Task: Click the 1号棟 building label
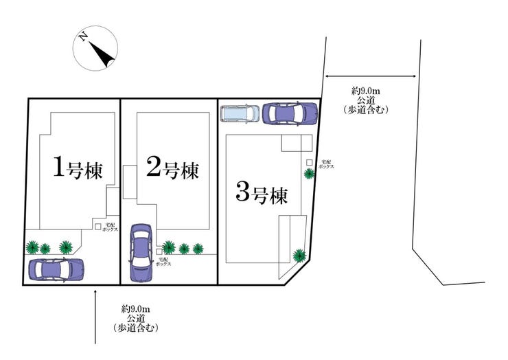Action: pos(78,167)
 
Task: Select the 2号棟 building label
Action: pos(173,167)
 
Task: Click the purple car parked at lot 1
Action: pos(55,269)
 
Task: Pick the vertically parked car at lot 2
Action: pos(141,252)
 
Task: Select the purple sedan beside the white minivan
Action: pos(290,112)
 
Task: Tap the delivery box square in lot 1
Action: pos(98,225)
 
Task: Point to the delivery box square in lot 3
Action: pos(310,162)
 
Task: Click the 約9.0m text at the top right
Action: pos(365,90)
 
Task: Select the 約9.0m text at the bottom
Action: pos(135,308)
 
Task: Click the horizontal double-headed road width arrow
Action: pos(370,76)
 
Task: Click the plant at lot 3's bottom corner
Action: pos(299,256)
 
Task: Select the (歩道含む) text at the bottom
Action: pos(135,328)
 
